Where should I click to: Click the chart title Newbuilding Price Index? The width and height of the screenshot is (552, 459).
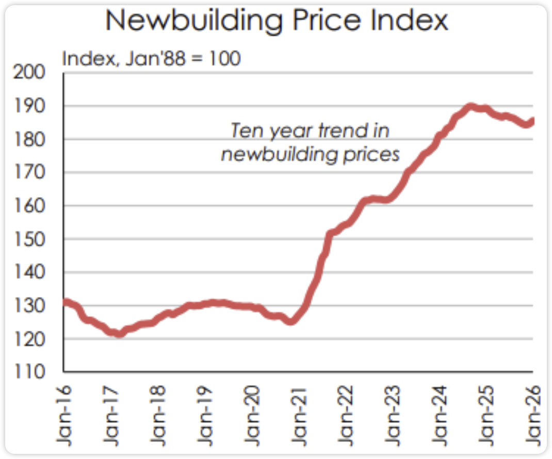point(277,21)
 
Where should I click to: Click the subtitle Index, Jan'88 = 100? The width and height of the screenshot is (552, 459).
point(151,59)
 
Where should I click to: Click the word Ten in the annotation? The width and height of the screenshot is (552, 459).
point(242,131)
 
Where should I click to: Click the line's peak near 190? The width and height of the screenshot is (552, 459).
point(470,107)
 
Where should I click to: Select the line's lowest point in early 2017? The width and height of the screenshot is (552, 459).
point(119,334)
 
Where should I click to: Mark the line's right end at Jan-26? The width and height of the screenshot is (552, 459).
point(531,121)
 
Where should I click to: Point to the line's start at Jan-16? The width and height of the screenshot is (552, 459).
point(64,302)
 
